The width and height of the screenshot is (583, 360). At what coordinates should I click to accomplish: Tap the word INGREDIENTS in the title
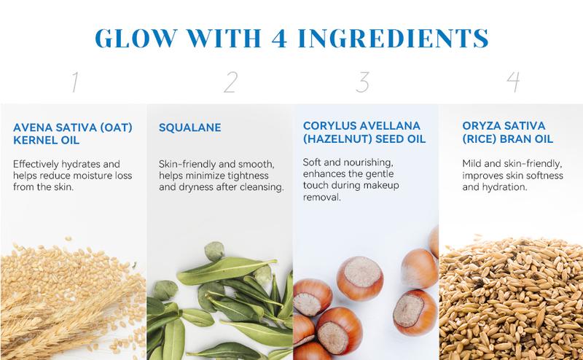point(394,38)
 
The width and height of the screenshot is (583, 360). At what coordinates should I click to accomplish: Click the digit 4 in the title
point(279,38)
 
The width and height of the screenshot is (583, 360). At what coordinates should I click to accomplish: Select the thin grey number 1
point(75,82)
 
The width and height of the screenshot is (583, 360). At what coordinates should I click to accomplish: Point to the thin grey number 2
point(230,82)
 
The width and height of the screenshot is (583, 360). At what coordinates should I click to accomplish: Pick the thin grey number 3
point(362,82)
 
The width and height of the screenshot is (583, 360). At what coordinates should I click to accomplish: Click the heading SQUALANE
point(190,128)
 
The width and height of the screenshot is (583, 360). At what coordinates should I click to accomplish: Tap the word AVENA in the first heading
point(31,128)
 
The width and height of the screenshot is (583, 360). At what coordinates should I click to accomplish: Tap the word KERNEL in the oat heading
point(34,141)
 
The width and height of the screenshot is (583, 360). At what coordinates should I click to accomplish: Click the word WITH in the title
point(224,38)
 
